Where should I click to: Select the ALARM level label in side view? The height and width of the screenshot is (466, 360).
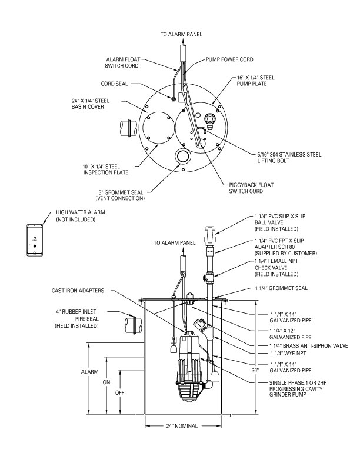89,372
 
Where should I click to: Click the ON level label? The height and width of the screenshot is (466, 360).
106,382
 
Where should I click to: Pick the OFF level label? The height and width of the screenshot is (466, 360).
120,391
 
